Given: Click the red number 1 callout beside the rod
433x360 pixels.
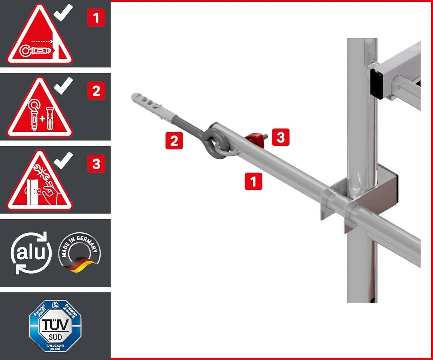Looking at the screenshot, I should [253, 181].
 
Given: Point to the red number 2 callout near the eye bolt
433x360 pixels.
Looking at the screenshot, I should [174, 140].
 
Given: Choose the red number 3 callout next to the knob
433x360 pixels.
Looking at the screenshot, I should [280, 137].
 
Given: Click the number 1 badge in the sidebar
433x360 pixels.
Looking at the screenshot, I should [96, 18].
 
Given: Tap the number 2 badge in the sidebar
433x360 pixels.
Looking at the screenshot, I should [96, 91].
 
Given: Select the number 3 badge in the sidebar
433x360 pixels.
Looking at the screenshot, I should [96, 164].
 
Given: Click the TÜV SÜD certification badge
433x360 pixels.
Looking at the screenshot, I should [55, 326].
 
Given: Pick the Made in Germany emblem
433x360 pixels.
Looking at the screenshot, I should [79, 252].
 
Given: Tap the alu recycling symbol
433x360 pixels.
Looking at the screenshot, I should [31, 253].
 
